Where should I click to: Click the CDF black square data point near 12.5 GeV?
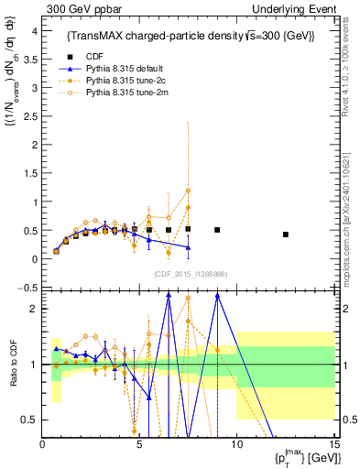[x=286, y=234]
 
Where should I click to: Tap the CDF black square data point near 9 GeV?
[x=217, y=230]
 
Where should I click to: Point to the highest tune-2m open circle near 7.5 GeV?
[x=188, y=191]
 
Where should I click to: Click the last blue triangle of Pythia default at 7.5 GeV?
[x=188, y=247]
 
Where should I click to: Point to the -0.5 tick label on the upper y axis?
[x=27, y=288]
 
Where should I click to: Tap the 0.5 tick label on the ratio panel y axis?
[x=29, y=420]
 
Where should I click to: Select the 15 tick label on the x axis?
[x=333, y=446]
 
